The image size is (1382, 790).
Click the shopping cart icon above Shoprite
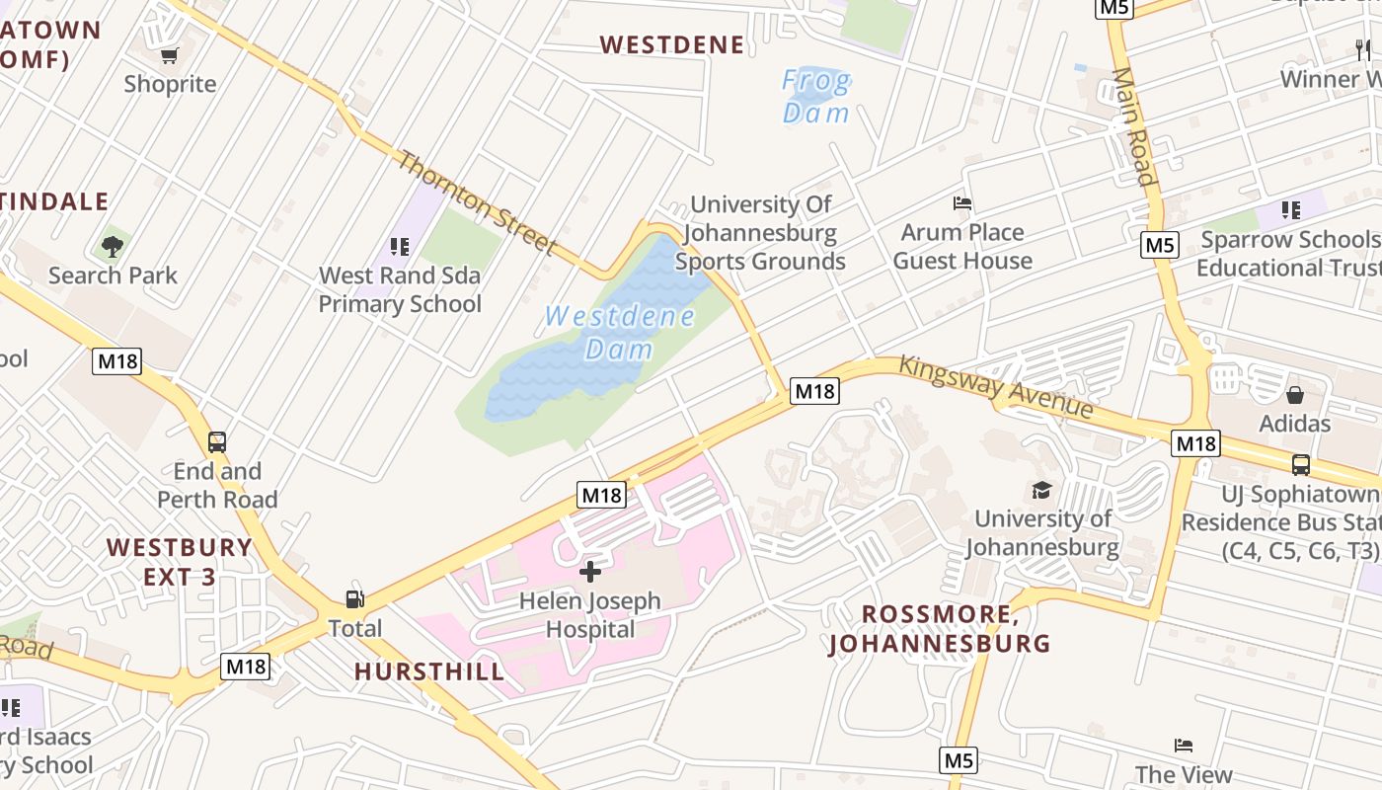(169, 55)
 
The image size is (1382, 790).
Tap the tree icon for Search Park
(113, 246)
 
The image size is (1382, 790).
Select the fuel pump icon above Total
(353, 599)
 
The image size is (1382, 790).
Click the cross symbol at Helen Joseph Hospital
(590, 571)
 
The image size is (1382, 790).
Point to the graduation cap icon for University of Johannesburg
(1041, 490)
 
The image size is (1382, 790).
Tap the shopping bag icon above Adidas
(1294, 395)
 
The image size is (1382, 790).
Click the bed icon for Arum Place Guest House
(962, 203)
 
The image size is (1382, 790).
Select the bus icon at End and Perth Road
(217, 442)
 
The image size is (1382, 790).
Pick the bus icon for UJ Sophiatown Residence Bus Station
(1301, 464)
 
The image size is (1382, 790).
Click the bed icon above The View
(1184, 746)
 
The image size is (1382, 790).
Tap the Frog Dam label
(816, 96)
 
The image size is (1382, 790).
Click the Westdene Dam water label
(619, 333)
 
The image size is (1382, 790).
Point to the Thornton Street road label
(477, 202)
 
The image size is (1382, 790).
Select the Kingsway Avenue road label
(995, 386)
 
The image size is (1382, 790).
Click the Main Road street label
(1133, 126)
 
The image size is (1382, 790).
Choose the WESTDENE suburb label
(672, 44)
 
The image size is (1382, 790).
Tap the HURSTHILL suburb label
(429, 671)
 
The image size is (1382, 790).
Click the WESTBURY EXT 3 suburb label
(180, 561)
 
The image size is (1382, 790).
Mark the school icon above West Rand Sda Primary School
(400, 246)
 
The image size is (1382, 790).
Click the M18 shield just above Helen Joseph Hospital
(601, 495)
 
